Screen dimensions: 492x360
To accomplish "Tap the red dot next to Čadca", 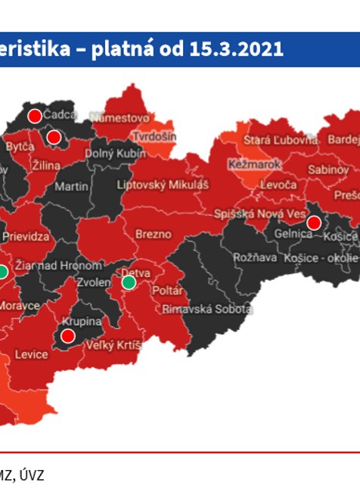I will pyautogui.click(x=34, y=116).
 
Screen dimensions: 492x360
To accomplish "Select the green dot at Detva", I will pyautogui.click(x=129, y=282).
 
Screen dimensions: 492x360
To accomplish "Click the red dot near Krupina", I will pyautogui.click(x=67, y=335).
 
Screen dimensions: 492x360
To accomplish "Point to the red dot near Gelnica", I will pyautogui.click(x=314, y=223).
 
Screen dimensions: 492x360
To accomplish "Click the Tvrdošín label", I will pyautogui.click(x=154, y=136).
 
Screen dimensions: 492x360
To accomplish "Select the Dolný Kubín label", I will pyautogui.click(x=114, y=154).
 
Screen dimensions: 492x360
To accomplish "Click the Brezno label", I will pyautogui.click(x=154, y=235).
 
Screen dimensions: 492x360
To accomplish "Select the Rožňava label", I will pyautogui.click(x=250, y=257).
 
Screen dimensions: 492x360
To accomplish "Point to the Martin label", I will pyautogui.click(x=72, y=186).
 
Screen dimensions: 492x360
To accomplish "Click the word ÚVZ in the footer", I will pyautogui.click(x=32, y=475).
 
